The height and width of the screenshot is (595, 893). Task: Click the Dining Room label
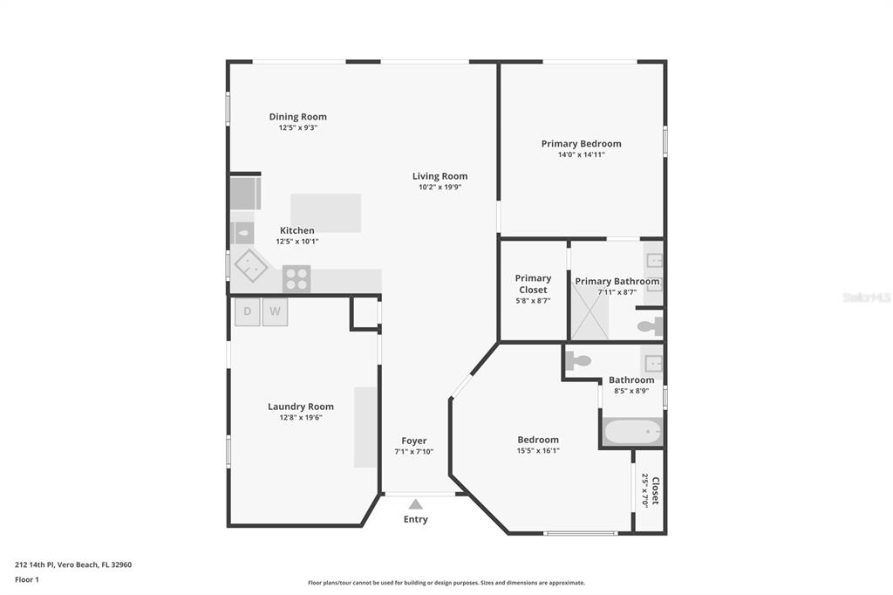click(298, 117)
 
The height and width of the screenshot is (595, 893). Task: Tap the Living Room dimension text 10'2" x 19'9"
click(440, 187)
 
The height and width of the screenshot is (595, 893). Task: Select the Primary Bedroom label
click(581, 144)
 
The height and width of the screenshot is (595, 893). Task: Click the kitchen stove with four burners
click(297, 278)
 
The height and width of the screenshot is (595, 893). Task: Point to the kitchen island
click(326, 213)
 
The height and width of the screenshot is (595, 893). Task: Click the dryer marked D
click(247, 311)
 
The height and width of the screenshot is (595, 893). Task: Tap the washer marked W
click(275, 311)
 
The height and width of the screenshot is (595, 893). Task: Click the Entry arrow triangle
click(416, 503)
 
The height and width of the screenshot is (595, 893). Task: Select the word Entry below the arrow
click(416, 519)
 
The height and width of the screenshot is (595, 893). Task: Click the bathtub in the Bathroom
click(633, 432)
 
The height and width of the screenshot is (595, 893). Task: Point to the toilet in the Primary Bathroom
click(651, 326)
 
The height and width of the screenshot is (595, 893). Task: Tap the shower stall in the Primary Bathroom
click(590, 312)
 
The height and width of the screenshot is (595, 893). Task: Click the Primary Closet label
click(533, 284)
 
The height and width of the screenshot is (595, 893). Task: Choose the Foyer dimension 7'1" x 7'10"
click(414, 451)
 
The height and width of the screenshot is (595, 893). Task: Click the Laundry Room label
click(301, 407)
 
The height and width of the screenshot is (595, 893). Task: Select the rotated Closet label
click(656, 490)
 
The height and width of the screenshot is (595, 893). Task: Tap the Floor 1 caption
click(27, 579)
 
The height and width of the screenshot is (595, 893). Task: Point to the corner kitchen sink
click(251, 265)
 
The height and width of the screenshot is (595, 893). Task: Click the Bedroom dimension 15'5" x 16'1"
click(538, 450)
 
